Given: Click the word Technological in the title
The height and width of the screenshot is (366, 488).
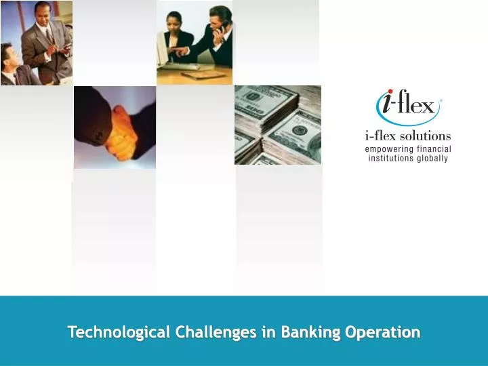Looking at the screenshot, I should click(119, 333).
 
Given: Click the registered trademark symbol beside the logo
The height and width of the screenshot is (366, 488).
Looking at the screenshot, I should click(441, 100).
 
